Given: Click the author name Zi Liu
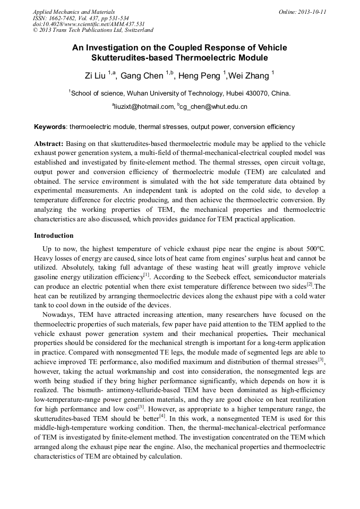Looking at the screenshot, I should tap(96, 75).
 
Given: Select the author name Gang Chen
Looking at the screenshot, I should tap(142, 75).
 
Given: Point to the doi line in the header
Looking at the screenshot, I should tap(89, 24).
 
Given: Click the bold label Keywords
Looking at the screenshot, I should tap(50, 127).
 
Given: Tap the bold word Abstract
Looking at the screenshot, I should tap(49, 144).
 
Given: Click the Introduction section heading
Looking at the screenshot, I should tap(54, 235).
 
